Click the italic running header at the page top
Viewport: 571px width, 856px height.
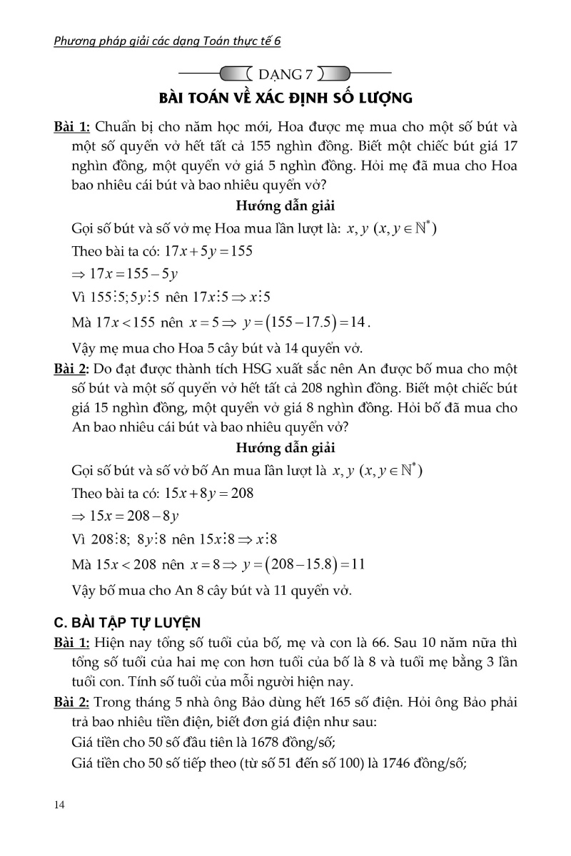point(168,41)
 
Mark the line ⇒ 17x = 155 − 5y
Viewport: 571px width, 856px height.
point(125,274)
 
